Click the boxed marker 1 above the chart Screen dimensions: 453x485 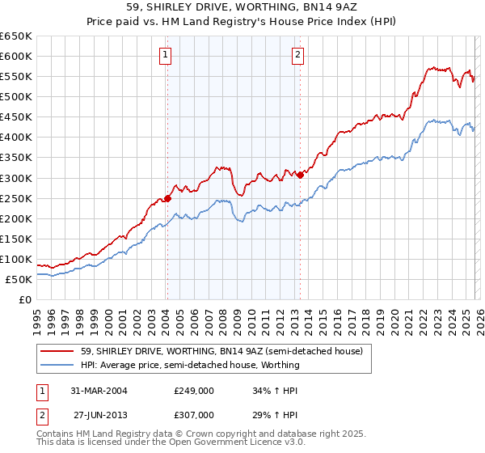(x=165, y=55)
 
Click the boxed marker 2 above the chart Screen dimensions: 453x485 (x=297, y=55)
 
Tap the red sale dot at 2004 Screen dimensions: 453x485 (x=167, y=198)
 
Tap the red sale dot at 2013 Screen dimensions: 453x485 (x=300, y=175)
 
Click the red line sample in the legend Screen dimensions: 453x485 (x=57, y=351)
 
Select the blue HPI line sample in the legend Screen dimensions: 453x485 (x=57, y=365)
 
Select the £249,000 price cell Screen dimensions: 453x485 (x=193, y=390)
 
